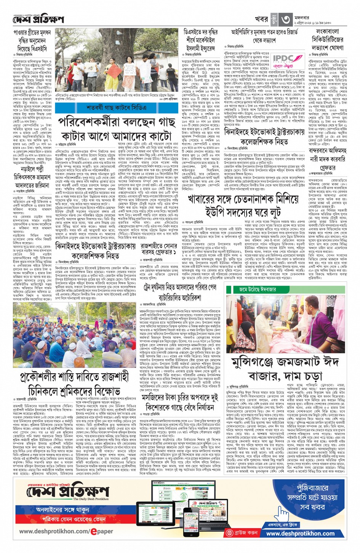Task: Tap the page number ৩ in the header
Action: click(x=286, y=18)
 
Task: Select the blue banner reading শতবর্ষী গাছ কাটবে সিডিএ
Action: click(x=116, y=108)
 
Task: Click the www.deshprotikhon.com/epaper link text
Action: click(x=66, y=531)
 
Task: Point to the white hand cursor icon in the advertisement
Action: click(x=282, y=514)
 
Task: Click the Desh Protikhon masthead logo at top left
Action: click(x=38, y=19)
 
